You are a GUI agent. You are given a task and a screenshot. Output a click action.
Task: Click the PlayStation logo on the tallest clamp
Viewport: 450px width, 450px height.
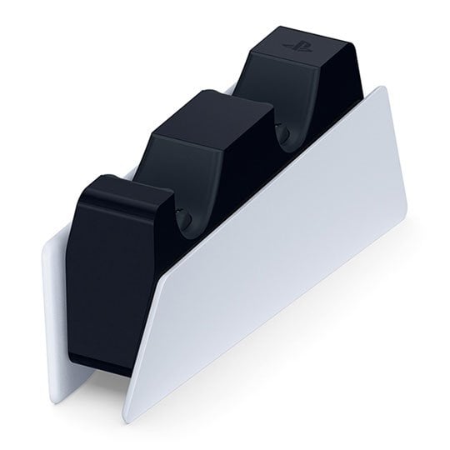(x=294, y=42)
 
